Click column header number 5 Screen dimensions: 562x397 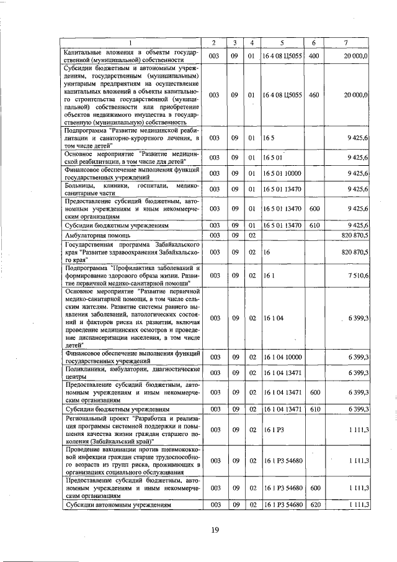click(x=282, y=42)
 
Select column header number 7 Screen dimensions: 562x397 click(x=346, y=42)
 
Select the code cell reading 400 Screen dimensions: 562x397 click(x=313, y=56)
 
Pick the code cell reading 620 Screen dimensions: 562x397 click(x=314, y=505)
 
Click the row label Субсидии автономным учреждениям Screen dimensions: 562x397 click(x=117, y=505)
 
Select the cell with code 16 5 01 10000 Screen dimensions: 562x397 click(x=282, y=173)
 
